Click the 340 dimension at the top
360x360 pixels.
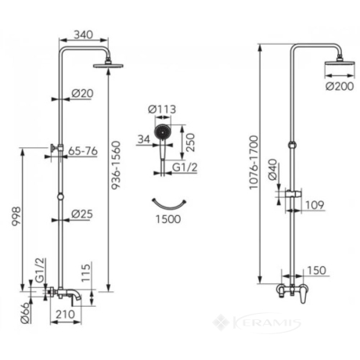point(83,34)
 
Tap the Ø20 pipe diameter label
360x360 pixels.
point(82,93)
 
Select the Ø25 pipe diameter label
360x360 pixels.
point(82,214)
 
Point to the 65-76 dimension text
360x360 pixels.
point(83,151)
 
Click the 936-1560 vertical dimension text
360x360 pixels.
point(116,165)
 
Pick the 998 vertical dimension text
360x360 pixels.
point(16,216)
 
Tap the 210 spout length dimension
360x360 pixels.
point(65,315)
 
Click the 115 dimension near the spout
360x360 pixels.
point(86,273)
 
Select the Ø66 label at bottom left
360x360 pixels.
point(26,313)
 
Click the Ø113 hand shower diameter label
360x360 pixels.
point(162,110)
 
